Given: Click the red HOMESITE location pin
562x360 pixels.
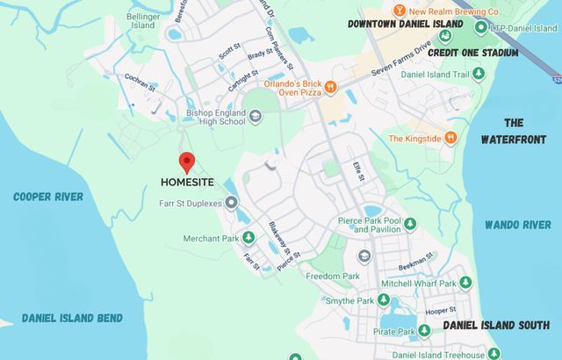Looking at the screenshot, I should coord(186,162).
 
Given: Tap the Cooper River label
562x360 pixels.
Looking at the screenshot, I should coord(48,197).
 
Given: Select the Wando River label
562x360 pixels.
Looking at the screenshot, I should coord(517,225).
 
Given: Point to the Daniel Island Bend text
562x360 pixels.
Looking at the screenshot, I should coord(72,318).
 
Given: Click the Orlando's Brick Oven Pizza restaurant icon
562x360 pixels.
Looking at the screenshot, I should coord(330,86).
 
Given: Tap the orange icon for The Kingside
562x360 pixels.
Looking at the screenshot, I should coord(450,138).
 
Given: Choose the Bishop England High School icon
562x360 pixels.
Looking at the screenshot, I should coord(255,116).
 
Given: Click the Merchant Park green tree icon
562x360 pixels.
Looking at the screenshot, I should coord(249,238).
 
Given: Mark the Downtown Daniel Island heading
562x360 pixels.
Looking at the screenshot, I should coord(405,24).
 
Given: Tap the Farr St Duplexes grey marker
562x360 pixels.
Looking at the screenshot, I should coord(232,204).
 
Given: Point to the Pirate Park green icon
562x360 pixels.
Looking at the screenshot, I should coord(423,331).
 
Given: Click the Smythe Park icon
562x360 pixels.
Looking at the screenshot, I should coord(383,300).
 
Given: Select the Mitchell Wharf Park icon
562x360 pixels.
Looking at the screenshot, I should coord(465,283).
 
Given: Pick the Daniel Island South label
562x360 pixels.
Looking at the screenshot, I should coord(496,325).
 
